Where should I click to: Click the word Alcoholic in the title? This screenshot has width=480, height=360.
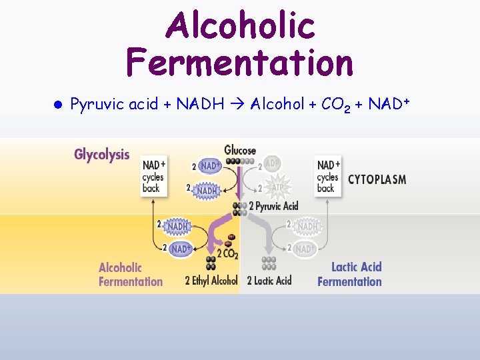click(x=240, y=26)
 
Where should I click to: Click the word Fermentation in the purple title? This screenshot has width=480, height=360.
click(x=240, y=63)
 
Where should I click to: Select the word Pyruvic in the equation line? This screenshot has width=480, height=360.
click(x=92, y=105)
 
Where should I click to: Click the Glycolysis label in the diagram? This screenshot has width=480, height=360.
click(x=102, y=155)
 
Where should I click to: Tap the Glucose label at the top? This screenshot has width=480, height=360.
click(x=240, y=151)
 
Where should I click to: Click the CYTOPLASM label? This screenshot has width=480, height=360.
click(x=377, y=179)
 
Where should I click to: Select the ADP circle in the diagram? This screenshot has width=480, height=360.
click(x=272, y=163)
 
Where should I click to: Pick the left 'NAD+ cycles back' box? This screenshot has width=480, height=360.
click(x=154, y=176)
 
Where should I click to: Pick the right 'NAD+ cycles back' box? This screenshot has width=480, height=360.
click(x=328, y=176)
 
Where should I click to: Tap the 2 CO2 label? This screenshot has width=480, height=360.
click(x=227, y=254)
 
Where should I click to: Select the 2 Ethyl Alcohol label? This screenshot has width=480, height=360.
click(x=211, y=281)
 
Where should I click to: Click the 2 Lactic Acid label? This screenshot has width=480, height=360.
click(x=269, y=281)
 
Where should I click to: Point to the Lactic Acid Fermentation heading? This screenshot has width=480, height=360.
click(x=350, y=274)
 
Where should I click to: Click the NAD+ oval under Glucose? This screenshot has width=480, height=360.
click(x=209, y=165)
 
